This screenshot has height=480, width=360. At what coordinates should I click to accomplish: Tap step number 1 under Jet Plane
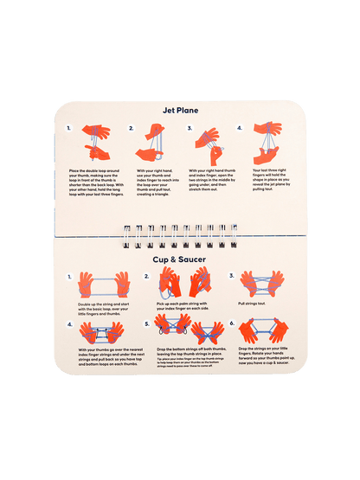click(x=68, y=128)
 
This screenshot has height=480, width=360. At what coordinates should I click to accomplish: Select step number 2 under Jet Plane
click(x=132, y=128)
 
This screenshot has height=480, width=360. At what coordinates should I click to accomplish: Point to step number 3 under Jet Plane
click(x=190, y=128)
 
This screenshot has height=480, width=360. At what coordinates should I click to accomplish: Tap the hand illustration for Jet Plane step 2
click(x=151, y=144)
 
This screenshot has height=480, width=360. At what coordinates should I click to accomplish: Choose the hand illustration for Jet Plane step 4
click(x=267, y=144)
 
